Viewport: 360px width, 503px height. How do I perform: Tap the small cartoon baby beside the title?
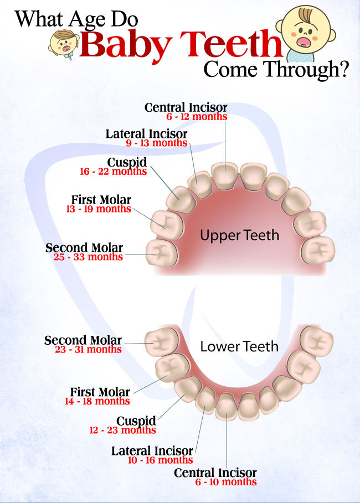coord(64,44)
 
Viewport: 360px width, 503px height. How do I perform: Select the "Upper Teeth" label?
coord(239,236)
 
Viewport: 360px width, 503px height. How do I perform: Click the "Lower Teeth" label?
coord(239,346)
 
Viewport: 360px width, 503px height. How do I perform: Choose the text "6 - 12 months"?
coord(197,116)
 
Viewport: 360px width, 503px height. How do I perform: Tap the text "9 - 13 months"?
coord(156,143)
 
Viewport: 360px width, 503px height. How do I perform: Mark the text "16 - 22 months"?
coord(114,172)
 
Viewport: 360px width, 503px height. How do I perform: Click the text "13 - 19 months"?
coord(99,209)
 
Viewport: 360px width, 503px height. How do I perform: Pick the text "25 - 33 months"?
coord(88,257)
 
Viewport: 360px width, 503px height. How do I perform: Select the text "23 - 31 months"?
coord(88,349)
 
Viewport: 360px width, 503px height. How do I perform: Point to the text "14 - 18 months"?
coord(97,401)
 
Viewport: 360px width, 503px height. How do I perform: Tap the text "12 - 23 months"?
coord(122,430)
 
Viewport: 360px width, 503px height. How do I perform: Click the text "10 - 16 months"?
coord(160,460)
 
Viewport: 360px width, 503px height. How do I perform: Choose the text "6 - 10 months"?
coord(226,482)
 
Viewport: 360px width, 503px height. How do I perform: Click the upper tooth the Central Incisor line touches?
coord(225,176)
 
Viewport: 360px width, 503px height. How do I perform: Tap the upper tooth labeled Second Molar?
coord(162,253)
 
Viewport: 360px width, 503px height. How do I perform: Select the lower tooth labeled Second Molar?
coord(162,342)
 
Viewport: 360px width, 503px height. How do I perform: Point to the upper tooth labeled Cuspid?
coord(181,199)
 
